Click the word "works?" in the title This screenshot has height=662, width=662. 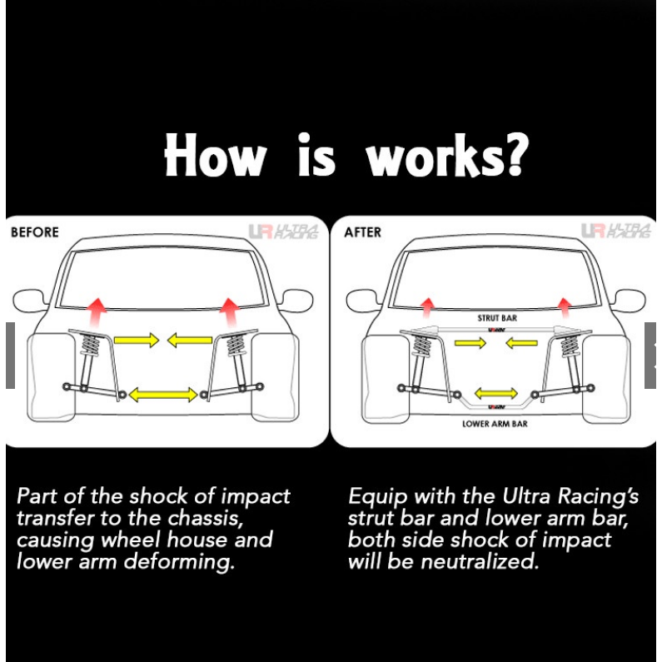coord(447,155)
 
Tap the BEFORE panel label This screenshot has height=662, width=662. coord(35,232)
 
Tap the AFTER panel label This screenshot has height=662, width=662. coord(362,232)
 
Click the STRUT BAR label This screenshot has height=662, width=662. coord(497,318)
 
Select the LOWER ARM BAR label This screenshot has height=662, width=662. coord(495,424)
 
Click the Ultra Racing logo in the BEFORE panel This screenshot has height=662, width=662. coord(283,231)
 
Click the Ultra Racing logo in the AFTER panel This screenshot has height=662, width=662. coord(615,231)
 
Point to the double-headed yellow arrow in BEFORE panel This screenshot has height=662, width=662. coord(163,395)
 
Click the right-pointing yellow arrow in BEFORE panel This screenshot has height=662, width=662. coord(137,340)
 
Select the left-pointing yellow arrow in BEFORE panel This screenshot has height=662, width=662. coord(190,340)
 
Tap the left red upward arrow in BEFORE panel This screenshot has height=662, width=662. coord(97,312)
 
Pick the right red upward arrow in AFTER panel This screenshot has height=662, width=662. coord(565,308)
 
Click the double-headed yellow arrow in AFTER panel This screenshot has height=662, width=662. coord(496,394)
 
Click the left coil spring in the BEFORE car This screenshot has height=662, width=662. coord(89,345)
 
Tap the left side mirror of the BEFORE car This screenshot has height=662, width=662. coord(29,300)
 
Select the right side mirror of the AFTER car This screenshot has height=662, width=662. coord(629,301)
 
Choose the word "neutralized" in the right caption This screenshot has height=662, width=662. coord(480,561)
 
